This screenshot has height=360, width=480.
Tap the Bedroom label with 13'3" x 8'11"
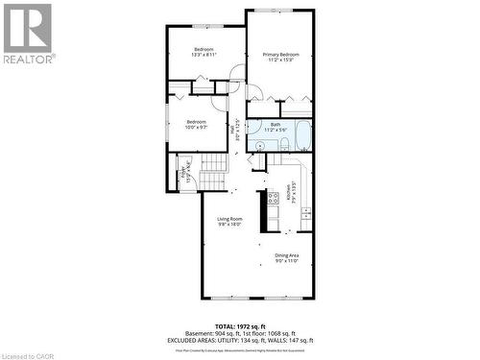tap(204, 52)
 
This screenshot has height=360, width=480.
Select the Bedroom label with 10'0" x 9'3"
tap(196, 124)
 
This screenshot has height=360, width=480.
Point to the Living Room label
tap(228, 221)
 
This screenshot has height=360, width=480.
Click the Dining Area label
tap(287, 256)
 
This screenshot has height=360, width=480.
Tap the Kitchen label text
tap(291, 194)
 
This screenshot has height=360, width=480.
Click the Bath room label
tap(276, 127)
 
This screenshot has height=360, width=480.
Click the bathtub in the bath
tap(302, 135)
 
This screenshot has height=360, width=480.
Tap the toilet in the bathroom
tap(284, 144)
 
